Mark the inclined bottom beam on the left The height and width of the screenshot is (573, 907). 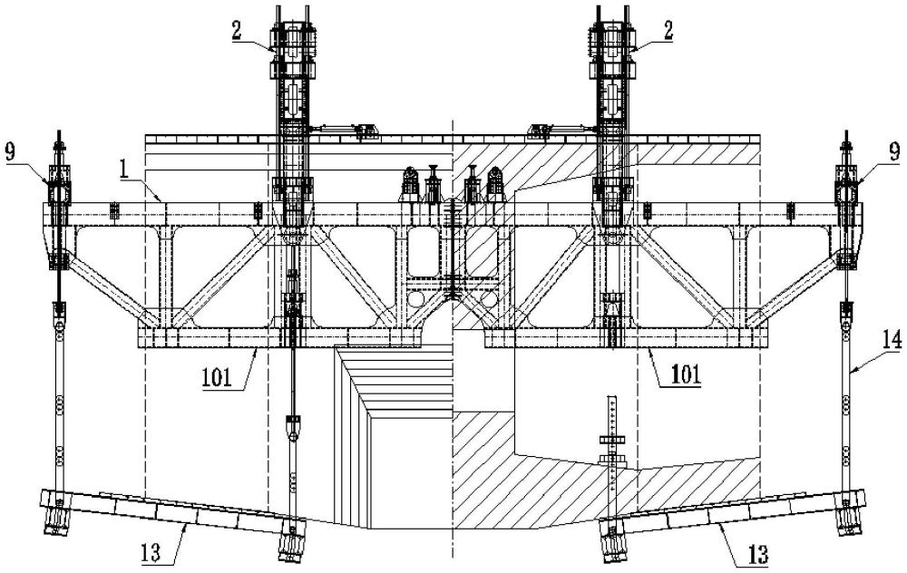pyautogui.click(x=172, y=515)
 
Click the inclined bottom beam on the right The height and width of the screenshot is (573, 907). pyautogui.click(x=735, y=515)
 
